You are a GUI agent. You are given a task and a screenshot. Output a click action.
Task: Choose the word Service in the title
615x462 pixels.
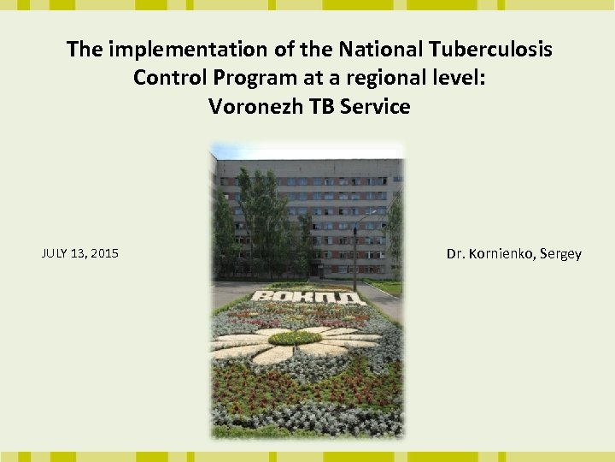[374, 107]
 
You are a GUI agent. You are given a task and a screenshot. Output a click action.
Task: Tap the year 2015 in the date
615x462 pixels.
[103, 253]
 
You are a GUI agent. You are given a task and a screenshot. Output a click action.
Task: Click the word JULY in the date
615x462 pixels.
[55, 253]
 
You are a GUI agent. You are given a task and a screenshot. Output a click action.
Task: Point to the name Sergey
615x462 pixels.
[560, 254]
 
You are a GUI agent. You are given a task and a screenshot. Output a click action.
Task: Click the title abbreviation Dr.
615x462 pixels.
[455, 254]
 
